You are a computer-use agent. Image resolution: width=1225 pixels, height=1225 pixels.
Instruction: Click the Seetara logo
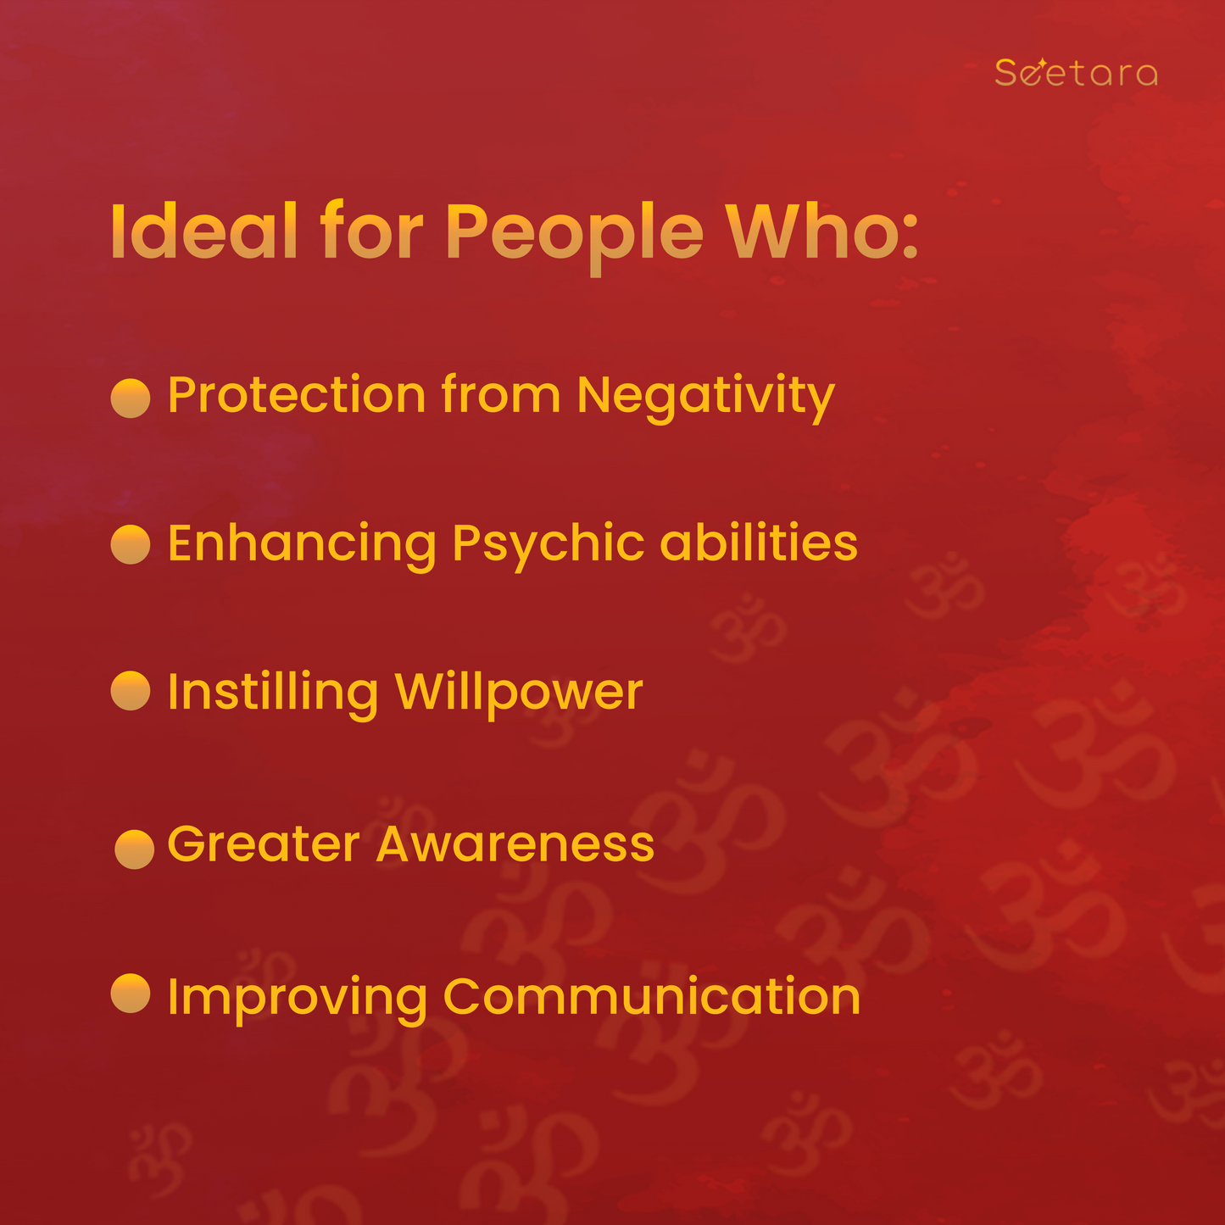tap(1076, 72)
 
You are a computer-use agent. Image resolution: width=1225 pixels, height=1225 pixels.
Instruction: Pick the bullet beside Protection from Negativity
tap(131, 398)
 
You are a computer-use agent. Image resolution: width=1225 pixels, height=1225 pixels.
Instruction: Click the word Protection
tap(297, 395)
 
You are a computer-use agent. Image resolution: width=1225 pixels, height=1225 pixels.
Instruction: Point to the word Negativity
tap(705, 398)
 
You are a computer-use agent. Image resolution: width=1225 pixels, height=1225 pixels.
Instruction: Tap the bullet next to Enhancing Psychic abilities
tap(131, 544)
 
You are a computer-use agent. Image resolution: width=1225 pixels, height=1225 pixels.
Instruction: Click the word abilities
tap(759, 542)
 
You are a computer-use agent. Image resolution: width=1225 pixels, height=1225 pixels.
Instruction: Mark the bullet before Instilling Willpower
tap(131, 690)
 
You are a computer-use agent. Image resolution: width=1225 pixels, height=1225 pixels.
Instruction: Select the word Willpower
tap(519, 695)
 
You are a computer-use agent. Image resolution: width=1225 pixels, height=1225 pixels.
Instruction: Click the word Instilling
tap(273, 695)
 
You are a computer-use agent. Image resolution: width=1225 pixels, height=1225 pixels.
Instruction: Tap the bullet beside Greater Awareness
tap(134, 849)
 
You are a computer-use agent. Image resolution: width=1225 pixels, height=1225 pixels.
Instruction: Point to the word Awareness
tap(515, 844)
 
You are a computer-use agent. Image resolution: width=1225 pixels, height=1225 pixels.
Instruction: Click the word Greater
tap(264, 844)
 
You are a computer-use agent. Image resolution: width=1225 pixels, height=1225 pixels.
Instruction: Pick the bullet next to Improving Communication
tap(131, 993)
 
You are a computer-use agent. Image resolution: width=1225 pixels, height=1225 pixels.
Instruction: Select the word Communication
tap(652, 995)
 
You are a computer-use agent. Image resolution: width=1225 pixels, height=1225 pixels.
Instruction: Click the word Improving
tap(298, 1000)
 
